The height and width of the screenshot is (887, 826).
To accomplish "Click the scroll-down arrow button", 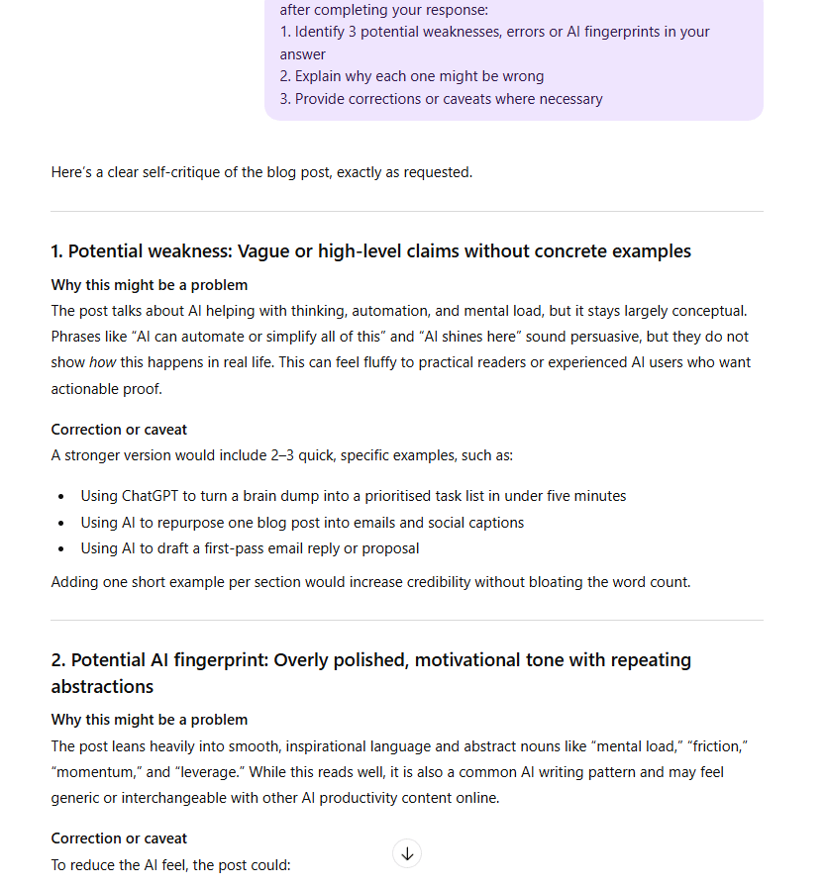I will point(407,853).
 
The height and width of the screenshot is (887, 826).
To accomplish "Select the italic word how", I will point(103,362).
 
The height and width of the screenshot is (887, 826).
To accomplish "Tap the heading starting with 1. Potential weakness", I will point(371,251).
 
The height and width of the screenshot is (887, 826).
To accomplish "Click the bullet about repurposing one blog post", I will point(302,522).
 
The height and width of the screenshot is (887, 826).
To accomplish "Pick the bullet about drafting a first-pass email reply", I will point(250,548).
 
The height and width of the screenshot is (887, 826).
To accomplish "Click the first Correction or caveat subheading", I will point(119,430).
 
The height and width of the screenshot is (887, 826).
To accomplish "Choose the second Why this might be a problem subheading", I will point(150,720).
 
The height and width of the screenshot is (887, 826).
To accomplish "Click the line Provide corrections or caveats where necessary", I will point(441,99).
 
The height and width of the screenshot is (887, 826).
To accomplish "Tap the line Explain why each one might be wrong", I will point(411,76).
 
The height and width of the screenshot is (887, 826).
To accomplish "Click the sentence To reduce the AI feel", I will point(170,864).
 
